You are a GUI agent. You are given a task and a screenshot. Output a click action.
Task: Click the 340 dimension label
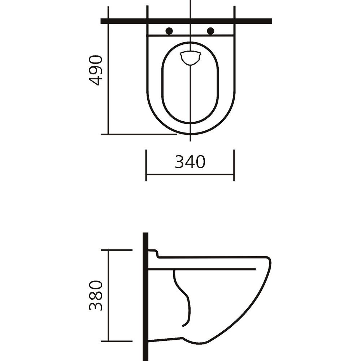click(190, 162)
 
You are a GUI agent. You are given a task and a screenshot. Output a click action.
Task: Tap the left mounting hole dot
click(169, 31)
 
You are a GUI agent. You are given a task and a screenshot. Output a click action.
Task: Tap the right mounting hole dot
click(211, 31)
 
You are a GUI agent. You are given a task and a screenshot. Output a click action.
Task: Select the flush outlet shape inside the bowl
click(190, 58)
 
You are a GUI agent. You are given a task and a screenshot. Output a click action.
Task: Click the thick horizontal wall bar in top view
click(187, 21)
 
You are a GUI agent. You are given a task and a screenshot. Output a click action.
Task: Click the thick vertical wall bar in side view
click(145, 296)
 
